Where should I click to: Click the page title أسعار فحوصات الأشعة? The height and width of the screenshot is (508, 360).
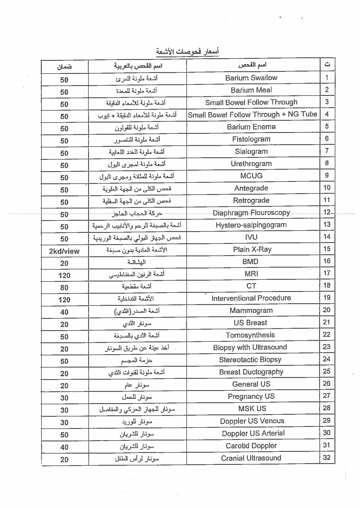[x=187, y=52]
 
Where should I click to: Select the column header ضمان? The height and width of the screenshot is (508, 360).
[x=64, y=67]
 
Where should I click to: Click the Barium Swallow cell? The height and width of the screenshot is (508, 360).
[x=251, y=78]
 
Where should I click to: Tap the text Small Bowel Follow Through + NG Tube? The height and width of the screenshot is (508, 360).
[x=252, y=115]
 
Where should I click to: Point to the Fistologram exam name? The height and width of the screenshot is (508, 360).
[x=251, y=139]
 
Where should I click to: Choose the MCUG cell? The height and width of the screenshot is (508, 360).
[x=251, y=176]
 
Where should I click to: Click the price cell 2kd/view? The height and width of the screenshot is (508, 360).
[x=64, y=251]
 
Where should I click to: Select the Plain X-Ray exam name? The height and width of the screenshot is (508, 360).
[x=252, y=249]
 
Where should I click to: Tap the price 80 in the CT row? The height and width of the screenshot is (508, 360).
[x=64, y=288]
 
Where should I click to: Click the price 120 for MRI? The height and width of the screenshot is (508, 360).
[x=64, y=275]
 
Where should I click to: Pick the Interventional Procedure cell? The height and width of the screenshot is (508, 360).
[x=251, y=298]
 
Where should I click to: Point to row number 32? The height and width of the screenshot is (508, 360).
[x=327, y=458]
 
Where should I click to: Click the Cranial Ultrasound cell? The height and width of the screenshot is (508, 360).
[x=251, y=458]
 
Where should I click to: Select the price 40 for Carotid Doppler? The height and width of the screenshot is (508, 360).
[x=64, y=447]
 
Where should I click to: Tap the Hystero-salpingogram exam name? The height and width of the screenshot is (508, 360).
[x=251, y=225]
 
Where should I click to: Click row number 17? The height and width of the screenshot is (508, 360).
[x=327, y=273]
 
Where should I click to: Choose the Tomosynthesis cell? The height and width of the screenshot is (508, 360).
[x=250, y=335]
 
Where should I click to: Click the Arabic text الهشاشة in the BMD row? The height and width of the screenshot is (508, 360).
[x=137, y=262]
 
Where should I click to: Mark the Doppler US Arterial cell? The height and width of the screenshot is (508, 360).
[x=253, y=433]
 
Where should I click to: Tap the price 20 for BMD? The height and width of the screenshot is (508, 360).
[x=64, y=263]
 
